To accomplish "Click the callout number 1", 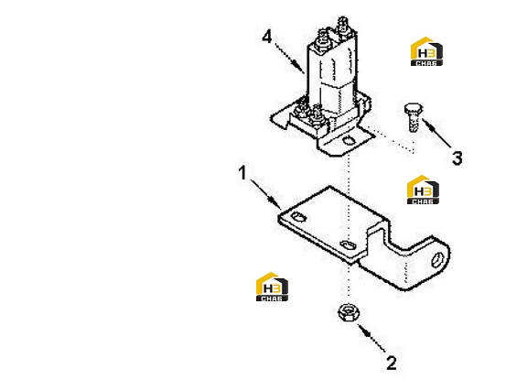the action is click(242, 173).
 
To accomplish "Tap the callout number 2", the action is click(392, 364).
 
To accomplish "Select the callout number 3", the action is click(457, 158).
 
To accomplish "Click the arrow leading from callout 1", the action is click(266, 195).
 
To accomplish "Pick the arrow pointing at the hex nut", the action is click(371, 338).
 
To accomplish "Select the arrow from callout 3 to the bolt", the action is click(436, 134).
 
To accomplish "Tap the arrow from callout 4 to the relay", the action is click(289, 58).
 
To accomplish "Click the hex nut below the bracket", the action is click(349, 312).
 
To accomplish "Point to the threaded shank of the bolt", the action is click(414, 123).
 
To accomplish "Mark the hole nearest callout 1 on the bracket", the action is click(298, 217).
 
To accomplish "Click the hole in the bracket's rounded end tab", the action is click(436, 259).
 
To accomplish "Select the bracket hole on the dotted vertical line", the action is click(349, 245).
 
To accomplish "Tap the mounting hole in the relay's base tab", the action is click(349, 141).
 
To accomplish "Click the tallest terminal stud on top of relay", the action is click(343, 26).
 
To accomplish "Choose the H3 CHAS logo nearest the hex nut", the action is click(272, 287).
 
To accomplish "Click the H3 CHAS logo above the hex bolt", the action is click(426, 51).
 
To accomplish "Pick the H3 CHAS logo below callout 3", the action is click(423, 190).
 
